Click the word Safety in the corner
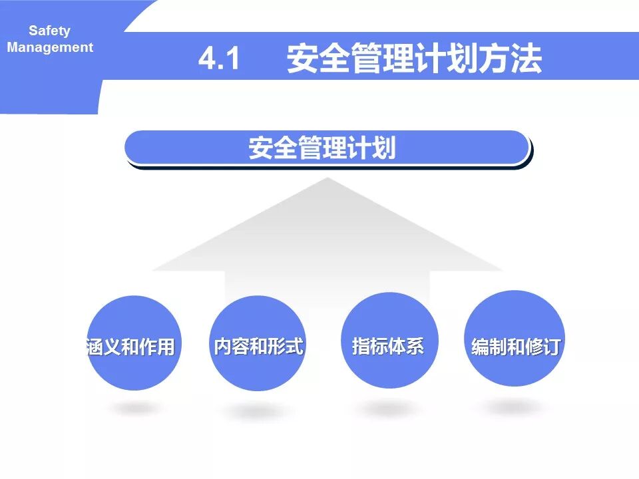pyautogui.click(x=49, y=31)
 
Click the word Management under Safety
pyautogui.click(x=50, y=48)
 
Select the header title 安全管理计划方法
pyautogui.click(x=414, y=60)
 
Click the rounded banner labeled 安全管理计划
pyautogui.click(x=326, y=148)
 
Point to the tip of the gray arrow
pyautogui.click(x=326, y=180)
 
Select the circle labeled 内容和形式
pyautogui.click(x=259, y=343)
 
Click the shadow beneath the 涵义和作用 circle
pyautogui.click(x=134, y=408)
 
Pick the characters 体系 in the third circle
pyautogui.click(x=407, y=346)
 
